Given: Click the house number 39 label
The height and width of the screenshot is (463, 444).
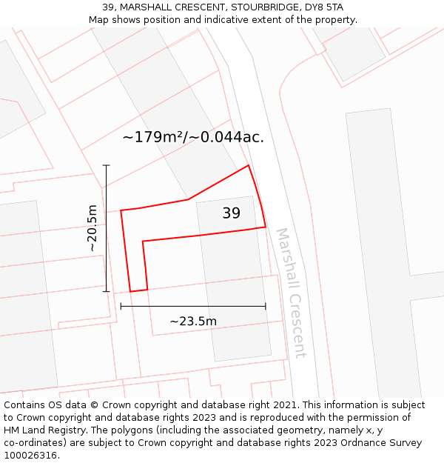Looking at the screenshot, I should click(231, 213).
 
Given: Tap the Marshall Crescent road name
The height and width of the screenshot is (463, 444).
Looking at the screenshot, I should click(290, 293).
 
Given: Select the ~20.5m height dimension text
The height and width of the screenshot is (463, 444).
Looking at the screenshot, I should click(92, 228).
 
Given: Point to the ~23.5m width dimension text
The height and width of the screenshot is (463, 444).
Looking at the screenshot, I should click(193, 321).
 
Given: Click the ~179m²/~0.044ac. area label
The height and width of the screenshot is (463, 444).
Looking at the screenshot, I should click(192, 137).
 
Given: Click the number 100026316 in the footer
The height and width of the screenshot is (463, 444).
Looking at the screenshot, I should click(30, 455).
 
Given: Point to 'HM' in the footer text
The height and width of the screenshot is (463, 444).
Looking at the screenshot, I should click(13, 430).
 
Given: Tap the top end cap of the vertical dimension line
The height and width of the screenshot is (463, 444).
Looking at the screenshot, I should click(106, 165).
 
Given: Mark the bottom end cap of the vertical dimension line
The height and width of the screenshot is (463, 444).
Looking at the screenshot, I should click(106, 291).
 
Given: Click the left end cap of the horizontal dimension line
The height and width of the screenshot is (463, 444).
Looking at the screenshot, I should click(121, 305).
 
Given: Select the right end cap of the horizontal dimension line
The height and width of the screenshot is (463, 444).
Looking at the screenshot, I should click(266, 305).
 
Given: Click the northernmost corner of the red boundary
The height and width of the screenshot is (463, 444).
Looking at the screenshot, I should click(248, 165).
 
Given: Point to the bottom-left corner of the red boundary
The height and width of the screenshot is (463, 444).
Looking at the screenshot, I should click(131, 292).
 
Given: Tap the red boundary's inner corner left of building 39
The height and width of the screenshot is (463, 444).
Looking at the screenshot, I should click(142, 242).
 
